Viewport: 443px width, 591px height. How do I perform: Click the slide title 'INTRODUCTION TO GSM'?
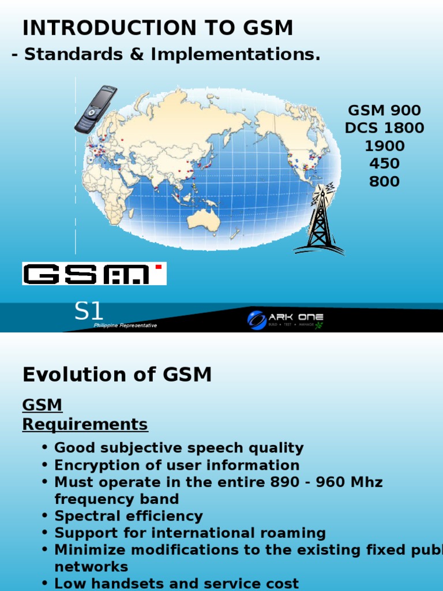157,28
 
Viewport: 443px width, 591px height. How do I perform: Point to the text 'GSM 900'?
384,110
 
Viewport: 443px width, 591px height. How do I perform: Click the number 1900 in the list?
384,146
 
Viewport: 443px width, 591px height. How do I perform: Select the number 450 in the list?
384,164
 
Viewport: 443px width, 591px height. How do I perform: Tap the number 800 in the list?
384,182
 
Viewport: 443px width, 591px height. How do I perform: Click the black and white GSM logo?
94,274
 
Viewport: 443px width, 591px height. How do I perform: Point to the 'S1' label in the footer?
89,312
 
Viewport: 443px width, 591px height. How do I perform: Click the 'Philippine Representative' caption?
125,326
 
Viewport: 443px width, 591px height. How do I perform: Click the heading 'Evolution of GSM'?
117,375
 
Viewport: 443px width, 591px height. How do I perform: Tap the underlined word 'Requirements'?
85,425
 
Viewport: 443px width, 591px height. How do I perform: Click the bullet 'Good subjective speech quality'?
179,448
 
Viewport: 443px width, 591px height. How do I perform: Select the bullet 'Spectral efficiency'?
129,516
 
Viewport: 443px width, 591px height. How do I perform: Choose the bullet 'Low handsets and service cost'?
177,583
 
